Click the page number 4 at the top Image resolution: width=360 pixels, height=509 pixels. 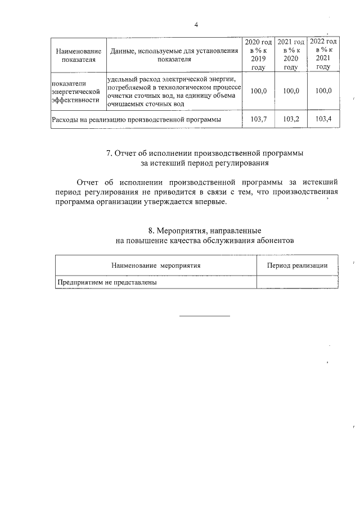click(196, 25)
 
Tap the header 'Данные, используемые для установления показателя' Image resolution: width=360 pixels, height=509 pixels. click(174, 55)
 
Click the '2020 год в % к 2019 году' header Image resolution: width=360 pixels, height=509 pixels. click(258, 55)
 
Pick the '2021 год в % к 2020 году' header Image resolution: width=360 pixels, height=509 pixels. click(291, 55)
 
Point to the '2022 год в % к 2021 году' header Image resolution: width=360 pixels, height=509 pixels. click(323, 54)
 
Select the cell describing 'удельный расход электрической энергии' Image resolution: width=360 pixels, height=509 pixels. click(174, 92)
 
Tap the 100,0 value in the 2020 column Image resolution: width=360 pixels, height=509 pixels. click(258, 91)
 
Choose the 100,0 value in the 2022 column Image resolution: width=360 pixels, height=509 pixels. click(323, 91)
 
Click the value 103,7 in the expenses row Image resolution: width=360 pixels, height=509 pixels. click(258, 119)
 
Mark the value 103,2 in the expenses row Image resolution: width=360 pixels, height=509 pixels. click(291, 119)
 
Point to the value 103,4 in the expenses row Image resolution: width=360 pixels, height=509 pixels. click(323, 119)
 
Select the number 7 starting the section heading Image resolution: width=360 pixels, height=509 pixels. click(109, 153)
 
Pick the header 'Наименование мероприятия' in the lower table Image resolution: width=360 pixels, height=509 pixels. click(156, 265)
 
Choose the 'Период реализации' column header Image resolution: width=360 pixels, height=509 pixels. click(297, 265)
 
